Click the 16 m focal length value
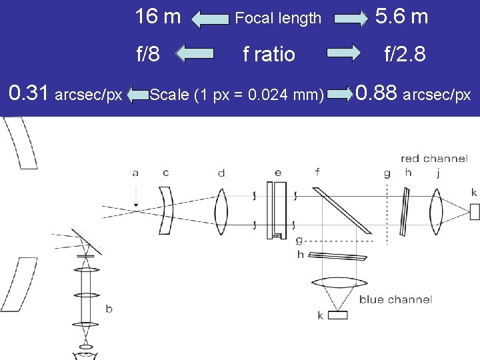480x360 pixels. point(158,16)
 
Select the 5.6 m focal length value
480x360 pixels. point(401,16)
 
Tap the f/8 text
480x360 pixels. point(148,53)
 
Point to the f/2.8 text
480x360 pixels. point(405,53)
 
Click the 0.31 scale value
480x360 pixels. point(28,93)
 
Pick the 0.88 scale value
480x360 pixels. point(376,93)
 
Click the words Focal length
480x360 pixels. point(278,18)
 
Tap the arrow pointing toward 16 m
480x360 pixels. point(210,19)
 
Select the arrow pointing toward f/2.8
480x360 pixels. point(343,53)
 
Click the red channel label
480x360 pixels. point(435,158)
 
